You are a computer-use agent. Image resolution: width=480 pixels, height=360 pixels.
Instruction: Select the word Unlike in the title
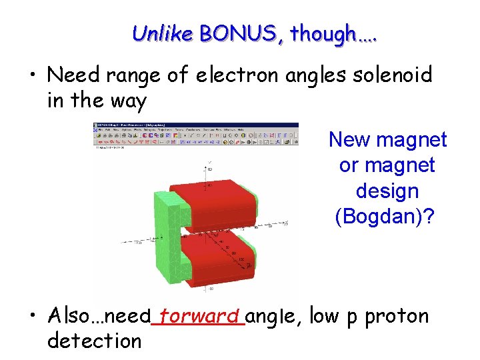tap(162, 32)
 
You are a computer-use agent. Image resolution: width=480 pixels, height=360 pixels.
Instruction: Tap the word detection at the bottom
tap(94, 341)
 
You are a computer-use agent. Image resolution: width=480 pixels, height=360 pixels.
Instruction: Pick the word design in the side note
tap(387, 191)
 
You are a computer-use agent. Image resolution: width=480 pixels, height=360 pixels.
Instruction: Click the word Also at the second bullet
tap(70, 316)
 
